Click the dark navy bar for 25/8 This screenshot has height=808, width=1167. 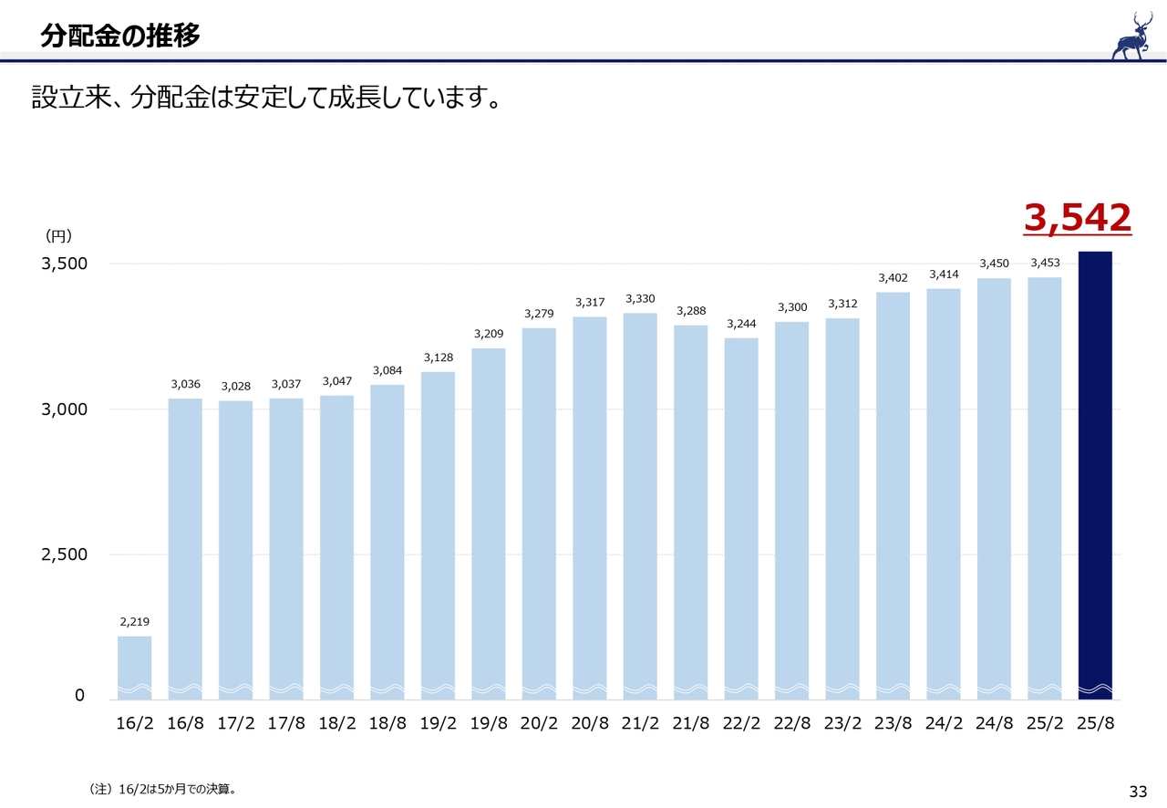(1095, 474)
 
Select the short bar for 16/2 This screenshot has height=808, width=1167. (135, 667)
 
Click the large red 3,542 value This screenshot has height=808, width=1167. (1077, 219)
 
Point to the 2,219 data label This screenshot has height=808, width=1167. (135, 622)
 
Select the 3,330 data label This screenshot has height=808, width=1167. (640, 299)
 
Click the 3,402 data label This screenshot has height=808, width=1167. (893, 278)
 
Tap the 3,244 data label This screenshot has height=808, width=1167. (741, 325)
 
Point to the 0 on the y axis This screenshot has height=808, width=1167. (79, 696)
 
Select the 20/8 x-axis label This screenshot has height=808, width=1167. (590, 724)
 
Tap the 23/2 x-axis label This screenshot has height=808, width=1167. (842, 724)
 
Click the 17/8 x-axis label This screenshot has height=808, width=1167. (286, 724)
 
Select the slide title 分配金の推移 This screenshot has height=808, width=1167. (120, 36)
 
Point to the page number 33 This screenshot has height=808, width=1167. (1137, 790)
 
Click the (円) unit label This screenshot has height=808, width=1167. (58, 236)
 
